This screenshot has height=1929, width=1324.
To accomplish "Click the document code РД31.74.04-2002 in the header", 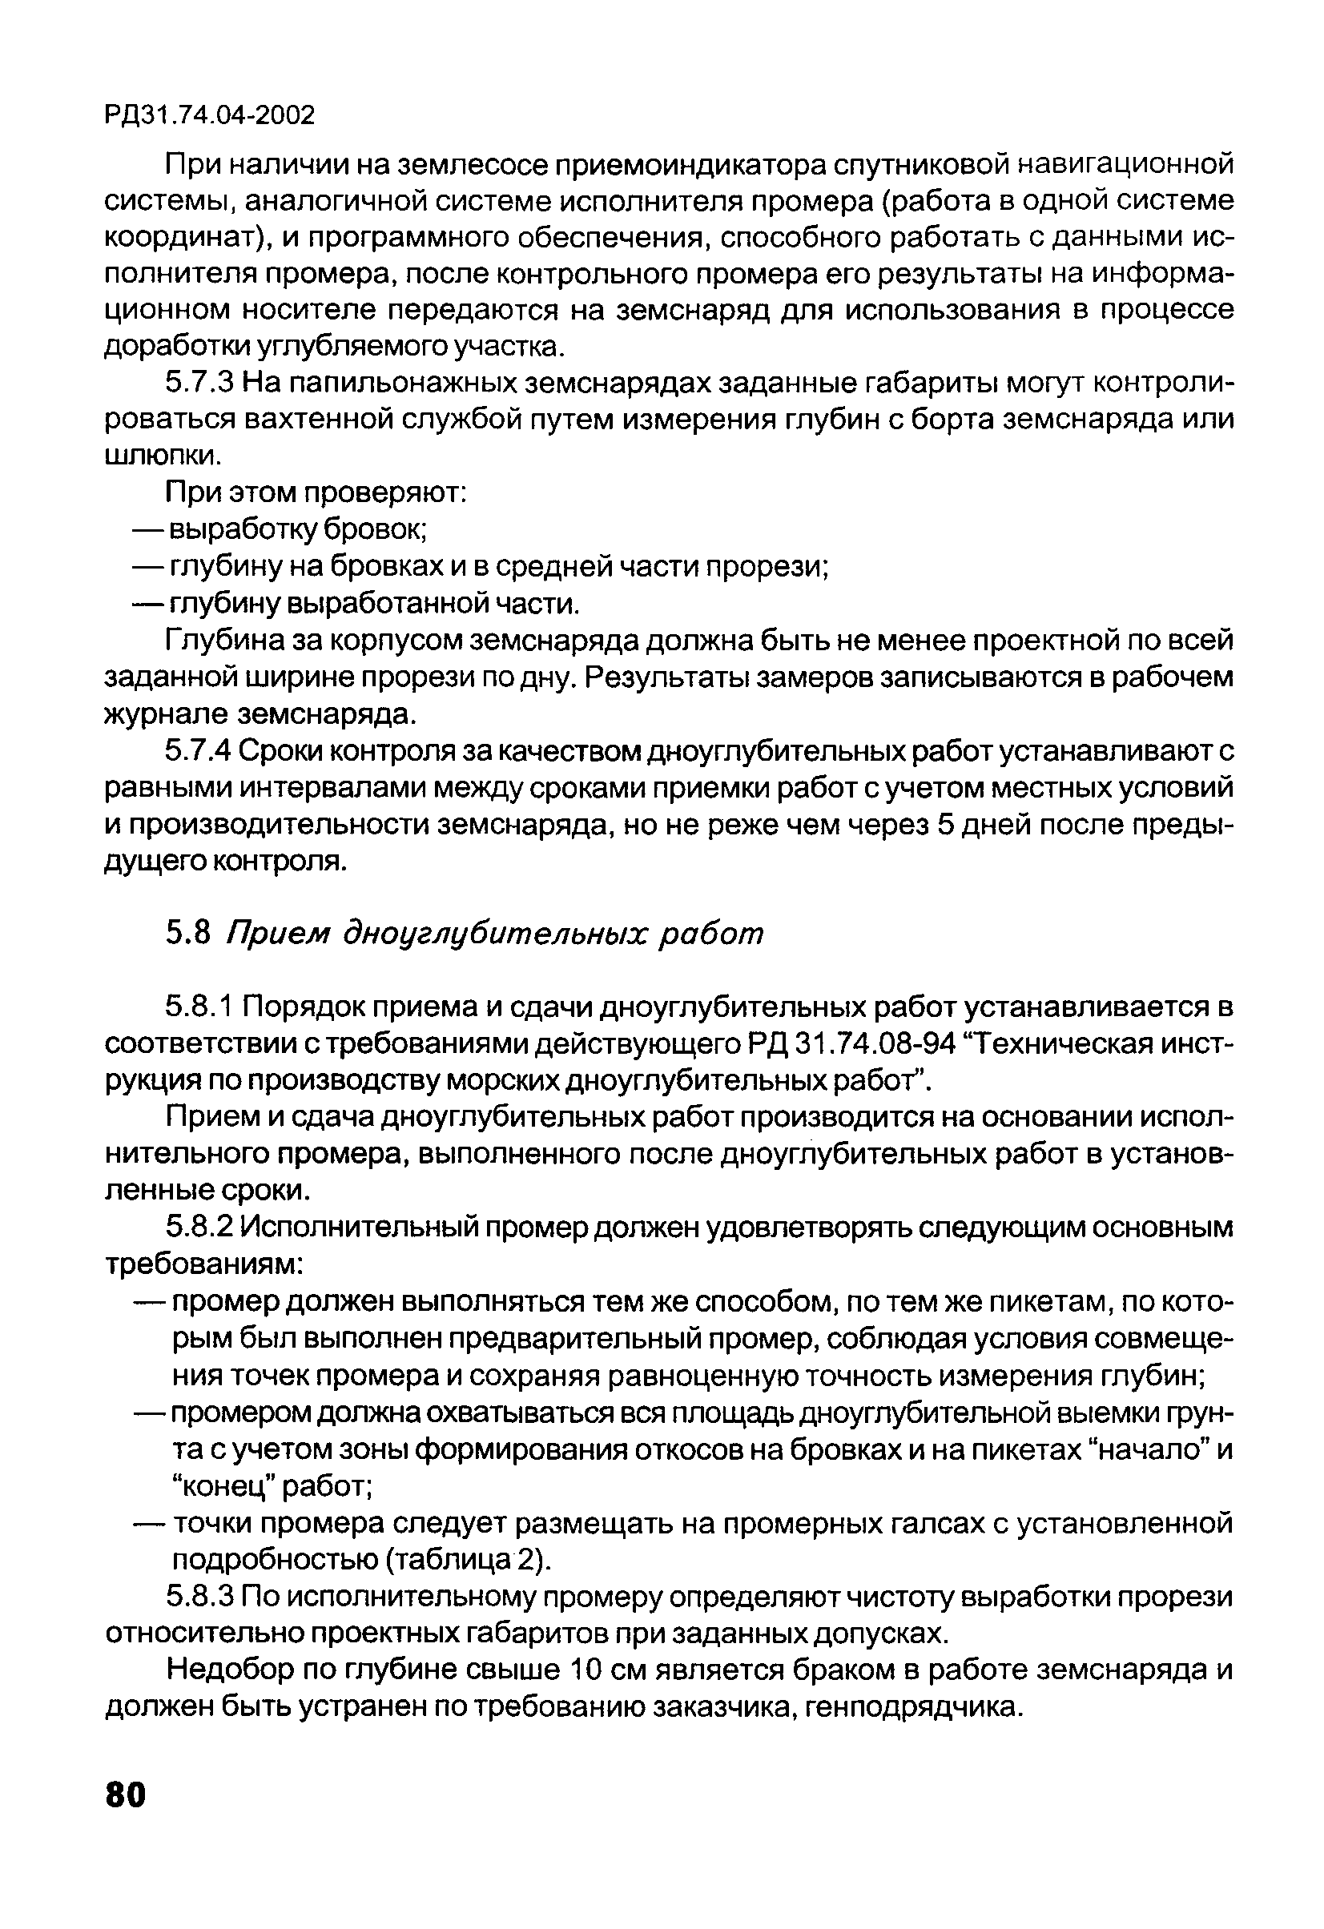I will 209,115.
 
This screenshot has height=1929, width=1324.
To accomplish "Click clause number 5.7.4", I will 203,752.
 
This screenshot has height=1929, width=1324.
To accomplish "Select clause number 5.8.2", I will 203,1227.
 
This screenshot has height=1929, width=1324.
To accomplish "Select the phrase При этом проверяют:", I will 317,493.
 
